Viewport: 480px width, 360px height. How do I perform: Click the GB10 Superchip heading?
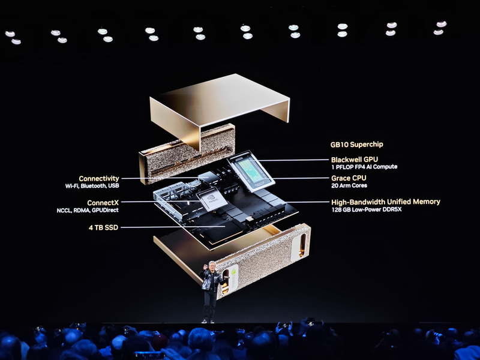pyautogui.click(x=356, y=145)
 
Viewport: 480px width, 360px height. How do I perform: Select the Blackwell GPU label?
pyautogui.click(x=355, y=160)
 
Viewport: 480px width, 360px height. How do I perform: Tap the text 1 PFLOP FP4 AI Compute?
pyautogui.click(x=364, y=167)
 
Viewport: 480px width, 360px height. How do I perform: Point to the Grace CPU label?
pyautogui.click(x=349, y=178)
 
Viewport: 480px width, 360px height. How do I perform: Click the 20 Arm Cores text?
pyautogui.click(x=349, y=185)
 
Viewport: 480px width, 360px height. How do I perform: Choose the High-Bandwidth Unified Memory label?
pyautogui.click(x=386, y=202)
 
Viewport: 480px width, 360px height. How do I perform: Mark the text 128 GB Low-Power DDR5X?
pyautogui.click(x=367, y=209)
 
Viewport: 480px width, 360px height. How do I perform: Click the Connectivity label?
pyautogui.click(x=99, y=178)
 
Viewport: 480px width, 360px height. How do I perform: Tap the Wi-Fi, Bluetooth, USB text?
pyautogui.click(x=92, y=186)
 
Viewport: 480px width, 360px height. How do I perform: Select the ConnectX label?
pyautogui.click(x=103, y=203)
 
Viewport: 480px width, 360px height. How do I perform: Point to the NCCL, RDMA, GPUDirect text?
pyautogui.click(x=88, y=211)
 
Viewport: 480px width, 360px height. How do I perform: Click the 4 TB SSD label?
pyautogui.click(x=103, y=227)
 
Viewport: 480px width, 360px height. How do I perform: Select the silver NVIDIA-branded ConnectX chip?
pyautogui.click(x=212, y=199)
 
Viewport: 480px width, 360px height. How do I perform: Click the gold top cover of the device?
pyautogui.click(x=219, y=101)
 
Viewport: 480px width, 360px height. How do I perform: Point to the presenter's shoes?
pyautogui.click(x=208, y=321)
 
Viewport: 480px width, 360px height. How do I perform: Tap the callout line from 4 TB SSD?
pyautogui.click(x=173, y=227)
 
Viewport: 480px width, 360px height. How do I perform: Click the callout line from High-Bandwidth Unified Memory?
pyautogui.click(x=307, y=202)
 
